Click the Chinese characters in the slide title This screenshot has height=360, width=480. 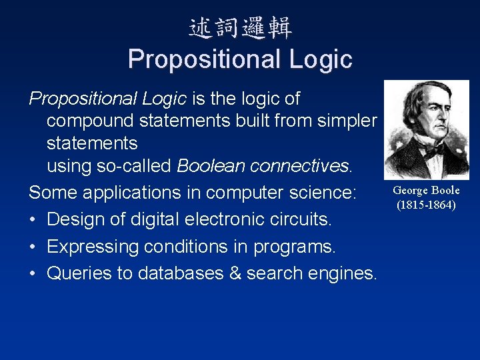point(240,28)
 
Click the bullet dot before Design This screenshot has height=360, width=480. point(33,219)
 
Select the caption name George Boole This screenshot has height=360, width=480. point(426,191)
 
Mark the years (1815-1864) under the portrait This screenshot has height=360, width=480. point(426,205)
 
